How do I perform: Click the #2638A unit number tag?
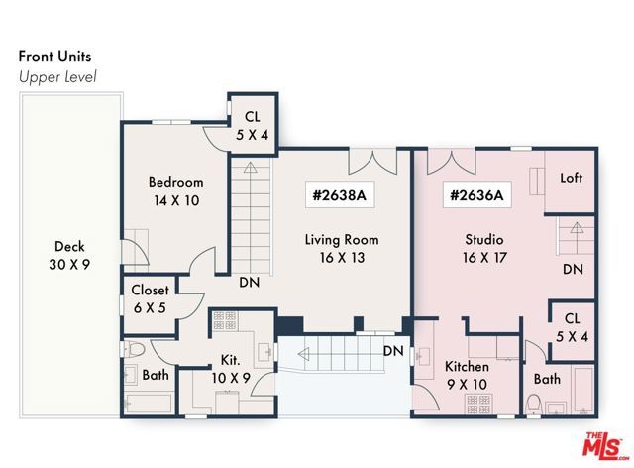coord(340,195)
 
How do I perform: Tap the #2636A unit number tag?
coord(477,195)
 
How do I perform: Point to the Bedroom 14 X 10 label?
coord(175,191)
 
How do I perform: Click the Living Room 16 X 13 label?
coord(341,249)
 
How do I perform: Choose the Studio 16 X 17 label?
coord(484,249)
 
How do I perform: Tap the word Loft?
coord(572,179)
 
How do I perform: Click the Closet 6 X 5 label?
coord(150,298)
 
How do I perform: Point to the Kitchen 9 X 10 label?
coord(467,376)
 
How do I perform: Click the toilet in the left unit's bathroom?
coord(136,349)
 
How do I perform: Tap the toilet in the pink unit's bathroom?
coord(533,404)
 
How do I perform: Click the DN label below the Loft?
coord(572,269)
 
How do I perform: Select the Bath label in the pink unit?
coord(547,379)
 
